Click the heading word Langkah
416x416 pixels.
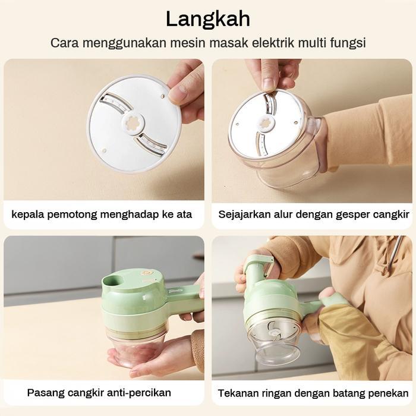point(207,18)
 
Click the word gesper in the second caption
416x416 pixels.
point(346,214)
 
